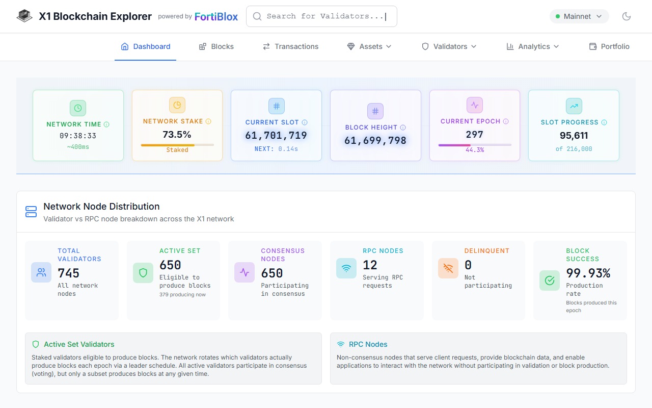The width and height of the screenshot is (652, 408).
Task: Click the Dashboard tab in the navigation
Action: (146, 46)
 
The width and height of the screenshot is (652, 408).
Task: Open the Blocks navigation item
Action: (216, 46)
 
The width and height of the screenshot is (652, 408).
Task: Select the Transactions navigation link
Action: (290, 46)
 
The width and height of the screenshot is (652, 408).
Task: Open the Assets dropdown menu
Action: (369, 46)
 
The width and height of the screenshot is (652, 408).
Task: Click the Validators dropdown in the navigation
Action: (449, 46)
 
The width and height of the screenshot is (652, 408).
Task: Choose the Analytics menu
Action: (533, 46)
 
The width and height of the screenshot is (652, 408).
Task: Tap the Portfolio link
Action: (609, 46)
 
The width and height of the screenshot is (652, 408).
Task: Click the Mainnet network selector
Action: (579, 16)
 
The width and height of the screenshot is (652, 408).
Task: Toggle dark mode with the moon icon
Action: (627, 16)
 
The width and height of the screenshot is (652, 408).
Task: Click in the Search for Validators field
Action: (321, 16)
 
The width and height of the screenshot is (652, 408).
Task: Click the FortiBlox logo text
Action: (216, 17)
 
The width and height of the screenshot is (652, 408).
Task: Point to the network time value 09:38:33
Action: (78, 136)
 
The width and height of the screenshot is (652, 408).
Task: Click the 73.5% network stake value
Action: (177, 135)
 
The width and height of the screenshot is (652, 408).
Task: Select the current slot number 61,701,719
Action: (276, 136)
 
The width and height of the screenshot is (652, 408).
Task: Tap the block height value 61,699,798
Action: (375, 141)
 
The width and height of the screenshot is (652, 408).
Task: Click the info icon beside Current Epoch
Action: (506, 121)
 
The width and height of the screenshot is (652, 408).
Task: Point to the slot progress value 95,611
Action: (574, 136)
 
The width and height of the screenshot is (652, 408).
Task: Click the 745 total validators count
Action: (68, 273)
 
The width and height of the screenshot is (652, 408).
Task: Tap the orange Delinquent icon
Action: (448, 268)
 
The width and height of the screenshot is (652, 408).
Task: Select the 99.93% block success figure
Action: (588, 273)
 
